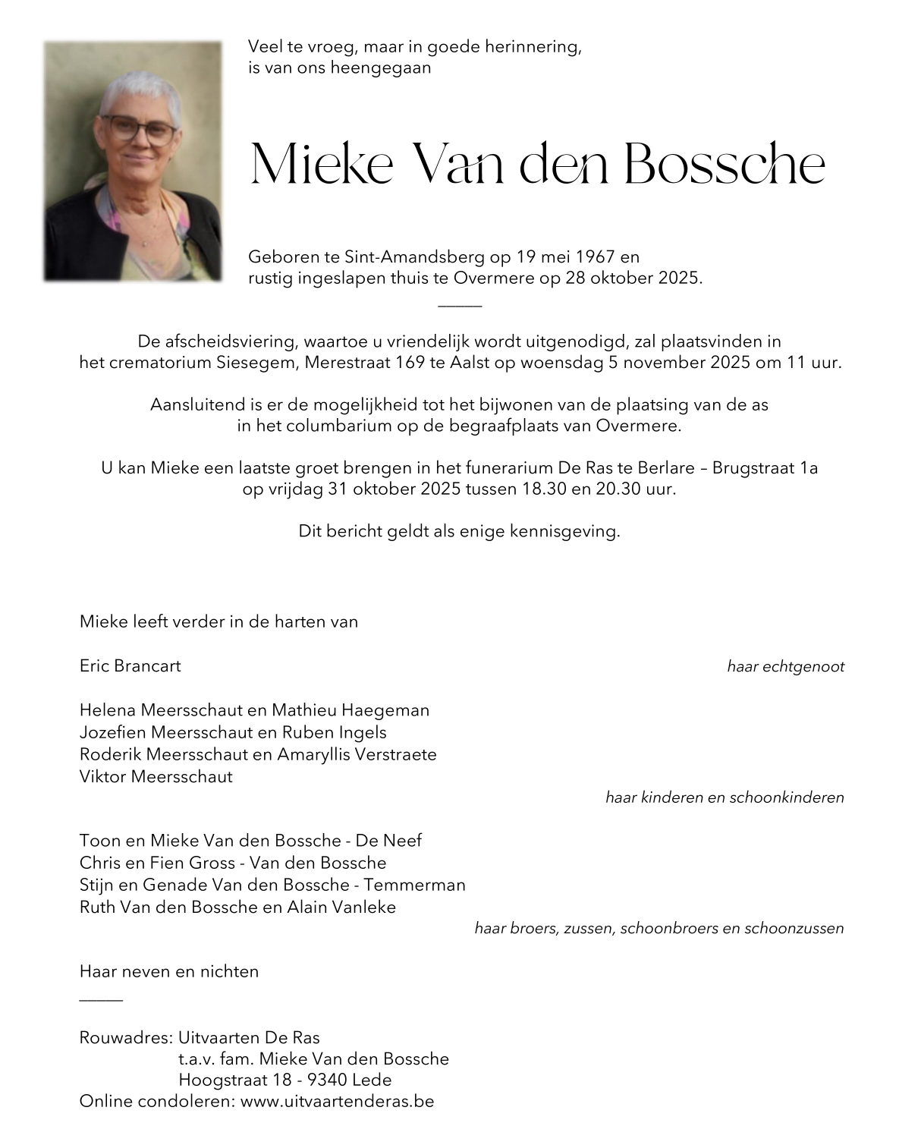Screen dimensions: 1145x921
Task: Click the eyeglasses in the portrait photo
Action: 138,130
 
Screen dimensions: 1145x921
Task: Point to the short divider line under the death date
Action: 460,306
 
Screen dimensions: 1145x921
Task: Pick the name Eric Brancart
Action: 130,666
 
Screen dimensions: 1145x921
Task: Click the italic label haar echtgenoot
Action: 785,667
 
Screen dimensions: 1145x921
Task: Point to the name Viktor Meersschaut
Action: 156,776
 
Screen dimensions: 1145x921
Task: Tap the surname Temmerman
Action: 414,885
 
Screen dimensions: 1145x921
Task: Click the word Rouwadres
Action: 125,1037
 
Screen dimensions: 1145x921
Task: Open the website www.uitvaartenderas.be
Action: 337,1101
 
